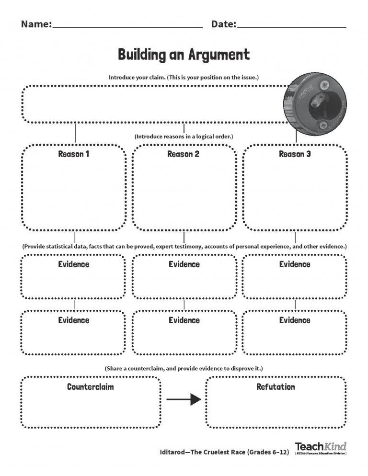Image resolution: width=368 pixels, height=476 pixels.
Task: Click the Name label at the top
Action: click(x=36, y=24)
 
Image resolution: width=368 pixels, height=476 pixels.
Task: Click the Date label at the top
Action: click(x=224, y=24)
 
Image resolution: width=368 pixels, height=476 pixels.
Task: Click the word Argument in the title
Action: click(x=219, y=55)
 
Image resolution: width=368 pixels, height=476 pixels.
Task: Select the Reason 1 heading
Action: click(x=73, y=154)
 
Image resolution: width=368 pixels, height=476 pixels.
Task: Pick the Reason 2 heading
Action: click(x=183, y=154)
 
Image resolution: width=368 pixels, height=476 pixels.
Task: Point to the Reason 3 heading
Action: click(x=295, y=154)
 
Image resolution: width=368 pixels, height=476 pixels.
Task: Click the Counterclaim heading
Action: click(x=90, y=387)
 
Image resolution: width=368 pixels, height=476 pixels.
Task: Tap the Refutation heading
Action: click(x=276, y=387)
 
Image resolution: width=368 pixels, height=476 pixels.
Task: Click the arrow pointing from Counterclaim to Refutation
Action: click(x=184, y=399)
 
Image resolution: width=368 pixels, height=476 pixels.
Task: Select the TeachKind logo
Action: click(x=321, y=448)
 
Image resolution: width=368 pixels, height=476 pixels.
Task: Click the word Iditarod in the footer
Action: click(x=172, y=452)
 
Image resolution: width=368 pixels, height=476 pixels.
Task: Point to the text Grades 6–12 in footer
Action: click(x=268, y=452)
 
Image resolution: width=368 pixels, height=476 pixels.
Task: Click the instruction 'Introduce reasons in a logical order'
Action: click(x=184, y=136)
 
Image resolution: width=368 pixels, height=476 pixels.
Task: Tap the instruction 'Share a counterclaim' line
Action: click(x=184, y=369)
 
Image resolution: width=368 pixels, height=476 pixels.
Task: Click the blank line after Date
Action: click(x=291, y=27)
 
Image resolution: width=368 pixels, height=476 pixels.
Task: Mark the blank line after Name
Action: click(x=127, y=27)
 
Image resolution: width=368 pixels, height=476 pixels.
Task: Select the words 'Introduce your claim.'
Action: click(x=137, y=78)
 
